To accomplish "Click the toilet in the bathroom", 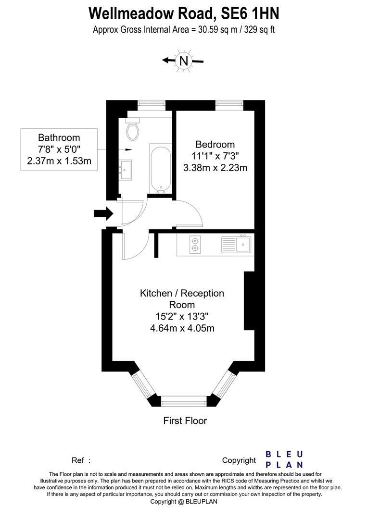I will pyautogui.click(x=133, y=129).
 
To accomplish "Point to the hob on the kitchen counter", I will pyautogui.click(x=195, y=244).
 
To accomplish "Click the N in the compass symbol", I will pyautogui.click(x=183, y=61).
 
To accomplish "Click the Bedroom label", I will pyautogui.click(x=215, y=144).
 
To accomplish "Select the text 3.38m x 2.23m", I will pyautogui.click(x=215, y=168).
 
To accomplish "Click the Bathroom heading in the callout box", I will pyautogui.click(x=59, y=138).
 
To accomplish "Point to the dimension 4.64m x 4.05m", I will pyautogui.click(x=182, y=329).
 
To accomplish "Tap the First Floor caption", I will pyautogui.click(x=185, y=421).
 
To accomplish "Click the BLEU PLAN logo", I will pyautogui.click(x=285, y=459).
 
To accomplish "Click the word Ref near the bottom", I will pyautogui.click(x=78, y=460).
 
